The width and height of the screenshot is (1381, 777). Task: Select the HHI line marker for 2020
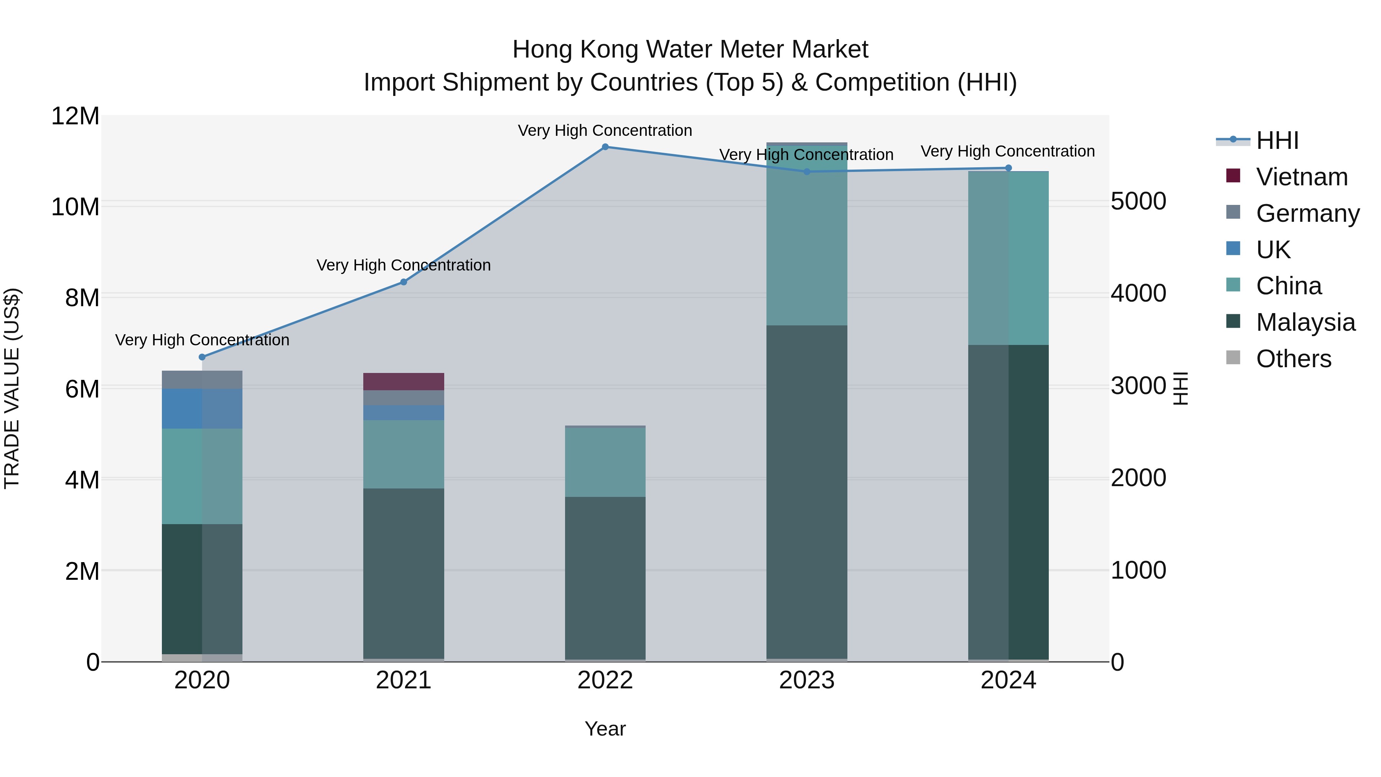202,357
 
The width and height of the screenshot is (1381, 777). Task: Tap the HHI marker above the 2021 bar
404,282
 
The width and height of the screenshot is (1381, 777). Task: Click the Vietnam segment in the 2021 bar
404,381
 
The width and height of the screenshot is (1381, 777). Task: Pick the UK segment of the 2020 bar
202,409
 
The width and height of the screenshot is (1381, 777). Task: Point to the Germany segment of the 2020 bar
202,379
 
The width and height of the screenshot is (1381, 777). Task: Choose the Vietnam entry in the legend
1302,177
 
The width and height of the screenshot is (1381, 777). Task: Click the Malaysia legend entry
1305,322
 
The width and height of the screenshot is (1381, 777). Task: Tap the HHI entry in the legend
1277,140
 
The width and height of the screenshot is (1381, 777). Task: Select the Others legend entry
1293,359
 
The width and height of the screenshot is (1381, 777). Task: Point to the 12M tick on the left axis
75,116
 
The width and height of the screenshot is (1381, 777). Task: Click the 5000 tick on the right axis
1138,201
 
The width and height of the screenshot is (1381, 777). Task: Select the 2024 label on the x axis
1008,680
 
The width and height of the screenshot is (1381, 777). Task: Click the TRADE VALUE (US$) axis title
12,388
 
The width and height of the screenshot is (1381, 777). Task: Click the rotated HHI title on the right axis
1180,388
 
